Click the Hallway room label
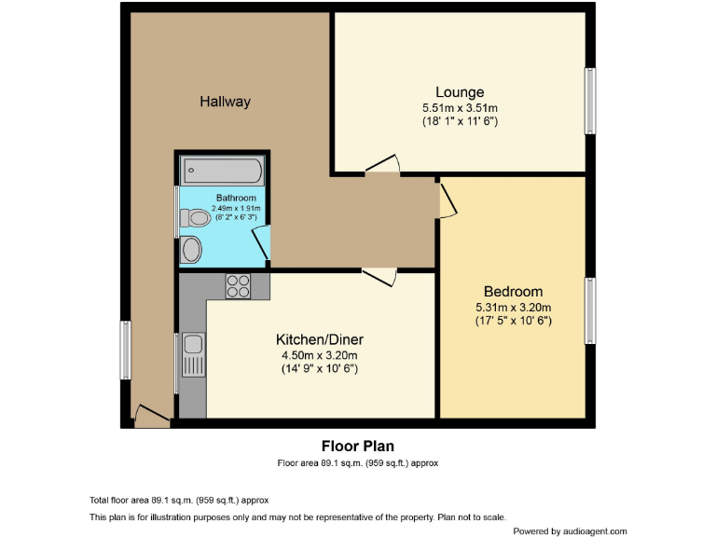point(225,102)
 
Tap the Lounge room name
point(460,92)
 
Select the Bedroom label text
point(513,292)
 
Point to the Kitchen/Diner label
point(320,338)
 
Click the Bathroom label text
point(236,198)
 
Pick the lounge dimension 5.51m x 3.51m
point(460,107)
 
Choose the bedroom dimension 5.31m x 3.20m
point(513,307)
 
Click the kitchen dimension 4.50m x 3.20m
point(320,354)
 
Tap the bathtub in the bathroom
point(223,170)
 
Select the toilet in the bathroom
point(195,217)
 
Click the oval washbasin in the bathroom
point(191,249)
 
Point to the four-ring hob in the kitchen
point(238,286)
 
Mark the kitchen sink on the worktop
point(193,353)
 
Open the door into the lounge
point(382,165)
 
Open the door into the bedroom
point(447,200)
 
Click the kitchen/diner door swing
point(379,277)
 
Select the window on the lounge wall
point(589,101)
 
